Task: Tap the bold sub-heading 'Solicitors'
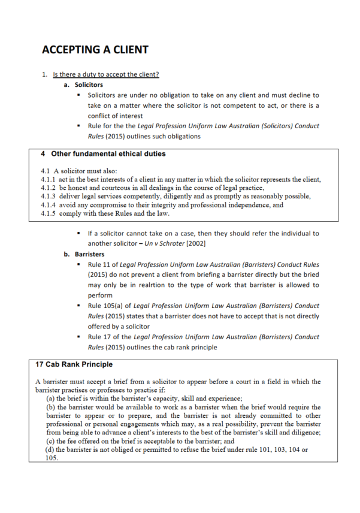(x=89, y=85)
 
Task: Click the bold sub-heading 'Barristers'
(x=89, y=254)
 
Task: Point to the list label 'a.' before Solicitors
(x=66, y=85)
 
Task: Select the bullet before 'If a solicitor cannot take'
(x=79, y=233)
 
